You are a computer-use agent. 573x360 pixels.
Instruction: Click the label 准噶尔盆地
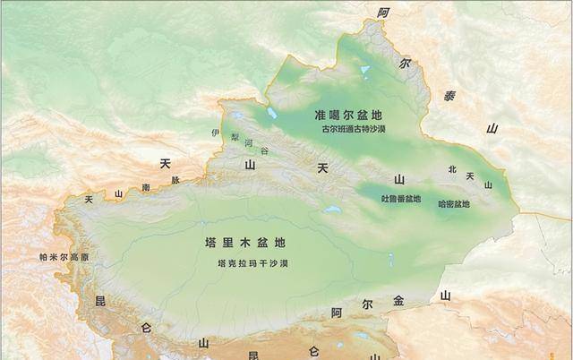click(x=348, y=116)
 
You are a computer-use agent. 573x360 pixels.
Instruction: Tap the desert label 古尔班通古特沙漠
click(x=352, y=129)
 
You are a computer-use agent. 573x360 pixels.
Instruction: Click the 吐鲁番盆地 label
click(x=401, y=199)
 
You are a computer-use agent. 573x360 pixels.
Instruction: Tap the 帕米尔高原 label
click(x=64, y=257)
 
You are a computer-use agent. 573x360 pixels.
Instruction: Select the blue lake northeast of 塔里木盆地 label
click(x=332, y=212)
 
